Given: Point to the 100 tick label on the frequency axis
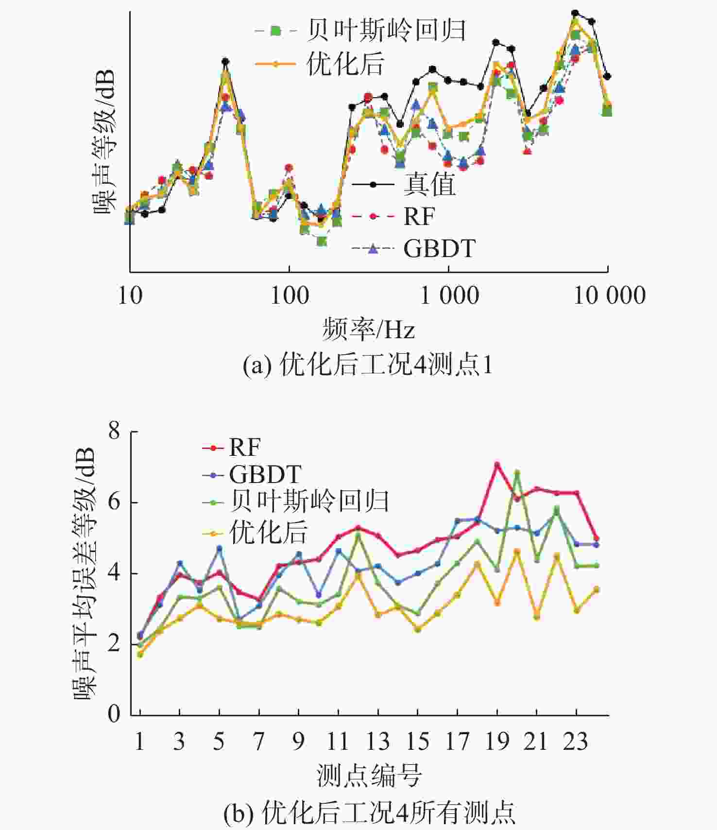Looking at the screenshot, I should (x=289, y=295).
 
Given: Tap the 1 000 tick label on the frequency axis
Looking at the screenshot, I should (x=449, y=295).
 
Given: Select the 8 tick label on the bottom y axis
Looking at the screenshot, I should (x=114, y=431).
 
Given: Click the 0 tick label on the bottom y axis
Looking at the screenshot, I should (x=114, y=714).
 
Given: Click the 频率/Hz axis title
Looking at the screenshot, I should (x=369, y=329).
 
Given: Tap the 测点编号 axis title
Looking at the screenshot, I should (x=369, y=775).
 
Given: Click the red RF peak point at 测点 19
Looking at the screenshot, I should (x=497, y=465).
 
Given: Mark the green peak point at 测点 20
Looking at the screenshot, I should (x=517, y=472).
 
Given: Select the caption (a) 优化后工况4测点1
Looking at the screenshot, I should (x=368, y=364).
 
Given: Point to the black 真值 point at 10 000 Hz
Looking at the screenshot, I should (x=607, y=76).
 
